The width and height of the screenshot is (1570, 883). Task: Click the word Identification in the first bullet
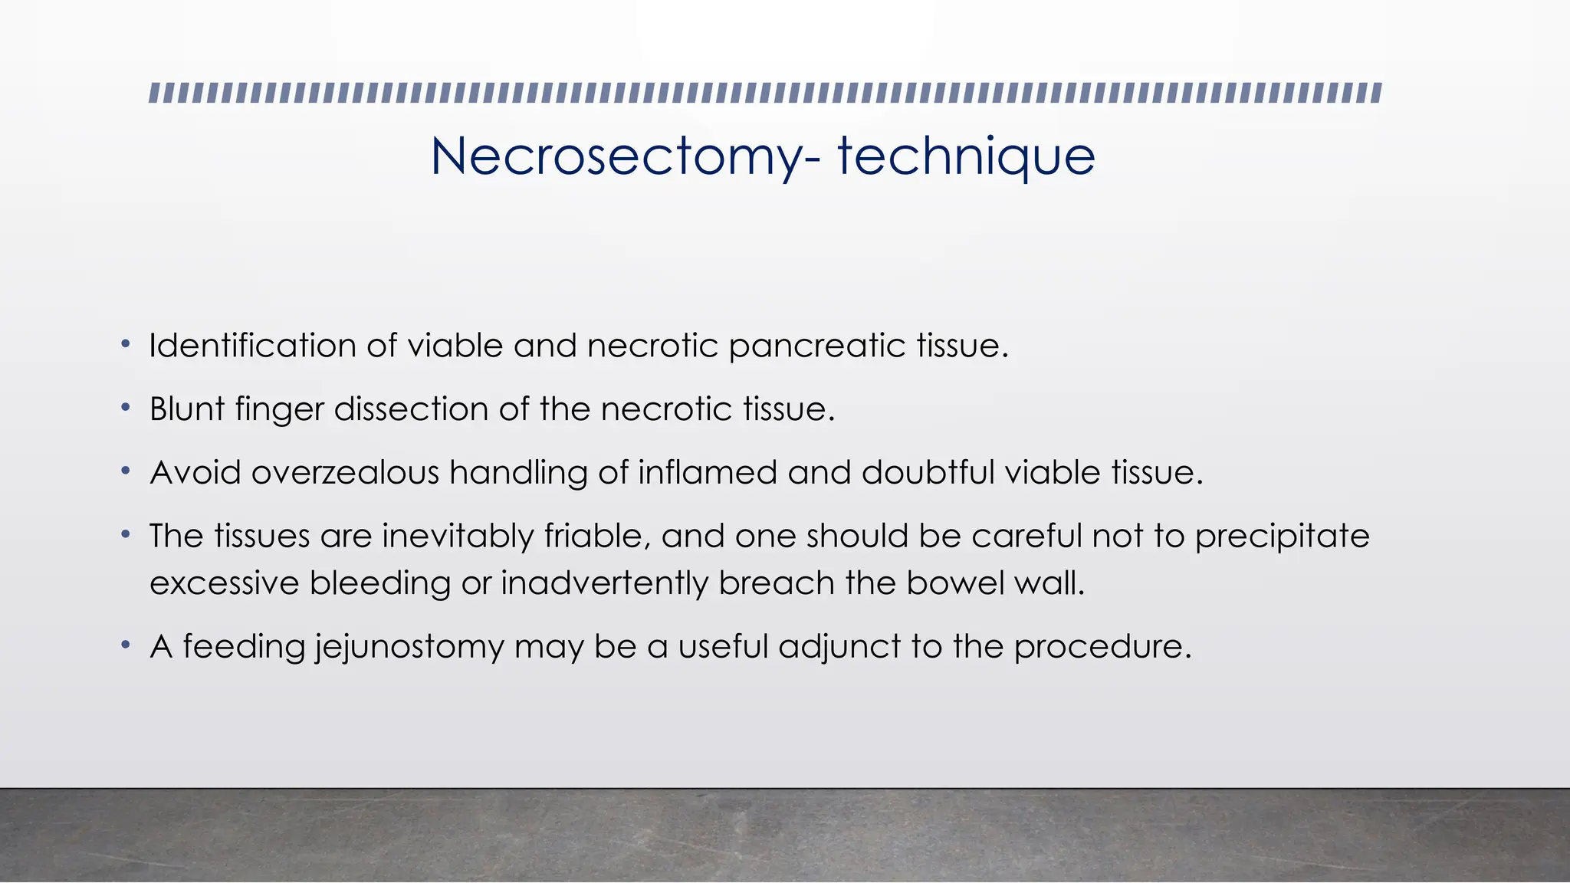[252, 346]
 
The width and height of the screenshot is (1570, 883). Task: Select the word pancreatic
[817, 346]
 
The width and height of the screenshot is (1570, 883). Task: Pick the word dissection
[412, 409]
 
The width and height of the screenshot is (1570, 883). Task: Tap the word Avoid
[195, 472]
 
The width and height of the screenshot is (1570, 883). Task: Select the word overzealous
[345, 472]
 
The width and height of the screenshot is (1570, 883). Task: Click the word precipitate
[1283, 537]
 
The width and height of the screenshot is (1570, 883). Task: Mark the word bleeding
[380, 584]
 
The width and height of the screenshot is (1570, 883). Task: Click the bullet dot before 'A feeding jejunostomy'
[125, 645]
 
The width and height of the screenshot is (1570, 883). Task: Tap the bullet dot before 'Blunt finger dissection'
[125, 408]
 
